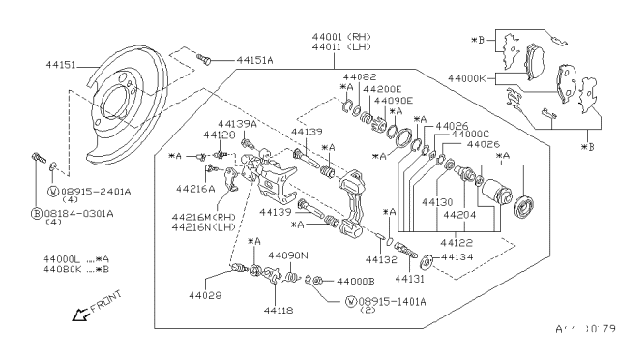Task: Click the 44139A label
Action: (x=237, y=124)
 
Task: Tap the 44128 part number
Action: (x=219, y=135)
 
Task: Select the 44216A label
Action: (x=194, y=189)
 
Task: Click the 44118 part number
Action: (x=278, y=311)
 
